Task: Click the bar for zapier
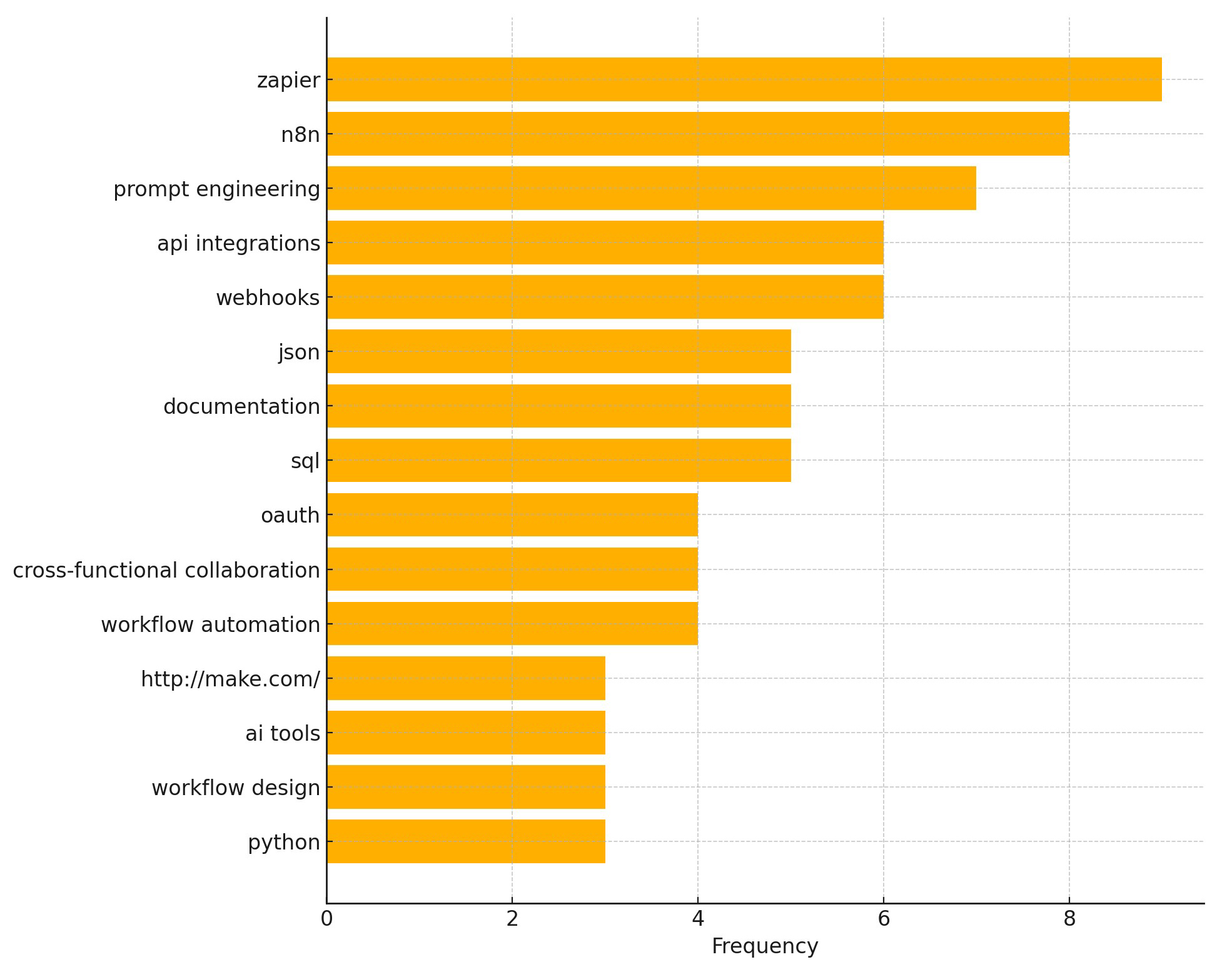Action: (x=744, y=79)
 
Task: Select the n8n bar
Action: (x=697, y=134)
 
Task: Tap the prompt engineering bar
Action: (x=650, y=188)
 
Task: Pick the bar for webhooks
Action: (x=604, y=297)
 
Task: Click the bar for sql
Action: (x=558, y=460)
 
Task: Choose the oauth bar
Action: (x=512, y=514)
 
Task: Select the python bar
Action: (x=465, y=841)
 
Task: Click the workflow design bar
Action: (x=465, y=787)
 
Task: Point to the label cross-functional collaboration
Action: (x=166, y=570)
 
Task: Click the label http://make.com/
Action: (x=230, y=679)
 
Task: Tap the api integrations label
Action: (x=238, y=243)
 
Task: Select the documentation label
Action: (x=241, y=406)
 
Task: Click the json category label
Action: (x=299, y=352)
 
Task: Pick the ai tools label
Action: (x=282, y=733)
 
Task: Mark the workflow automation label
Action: (x=210, y=624)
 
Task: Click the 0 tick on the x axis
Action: (x=326, y=919)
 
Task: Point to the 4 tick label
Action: (x=698, y=919)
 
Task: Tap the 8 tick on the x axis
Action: (x=1069, y=919)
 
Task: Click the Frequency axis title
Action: (x=764, y=946)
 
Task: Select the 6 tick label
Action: (x=884, y=919)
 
